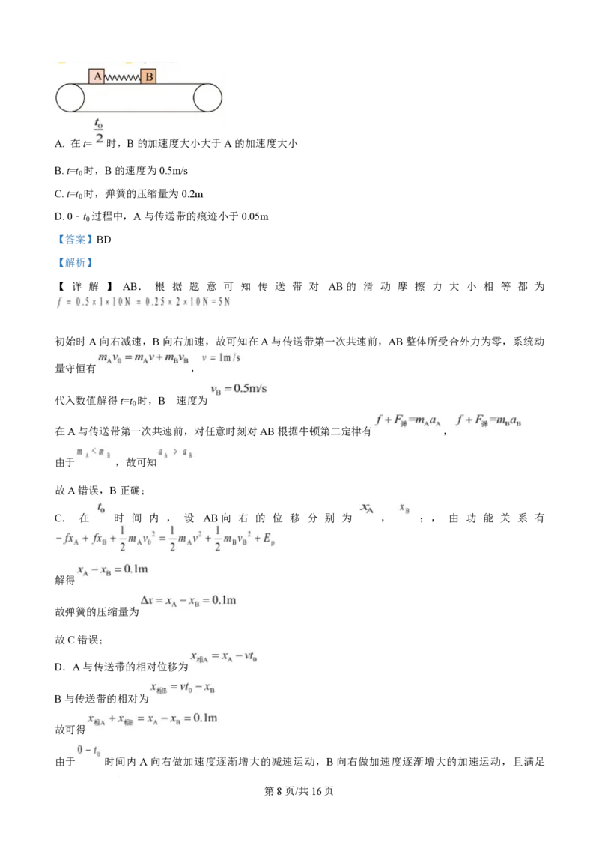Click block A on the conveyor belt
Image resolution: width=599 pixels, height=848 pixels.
(97, 76)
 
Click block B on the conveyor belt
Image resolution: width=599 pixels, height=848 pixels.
(148, 76)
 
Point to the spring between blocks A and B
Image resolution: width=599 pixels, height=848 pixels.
(122, 77)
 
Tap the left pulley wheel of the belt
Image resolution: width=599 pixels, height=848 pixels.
(70, 98)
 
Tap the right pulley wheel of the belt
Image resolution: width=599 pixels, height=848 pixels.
(207, 98)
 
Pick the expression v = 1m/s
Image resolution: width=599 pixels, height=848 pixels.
(221, 357)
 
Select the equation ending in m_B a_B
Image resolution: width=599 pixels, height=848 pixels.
(490, 420)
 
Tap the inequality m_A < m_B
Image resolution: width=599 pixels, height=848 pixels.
(92, 452)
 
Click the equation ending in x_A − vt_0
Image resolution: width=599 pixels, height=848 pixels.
(224, 656)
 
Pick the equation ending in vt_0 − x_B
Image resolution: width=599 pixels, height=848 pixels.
(182, 688)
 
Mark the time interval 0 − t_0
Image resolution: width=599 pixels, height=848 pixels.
(90, 750)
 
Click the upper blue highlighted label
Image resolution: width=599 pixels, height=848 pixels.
(75, 240)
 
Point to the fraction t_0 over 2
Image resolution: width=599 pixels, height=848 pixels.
(99, 130)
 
